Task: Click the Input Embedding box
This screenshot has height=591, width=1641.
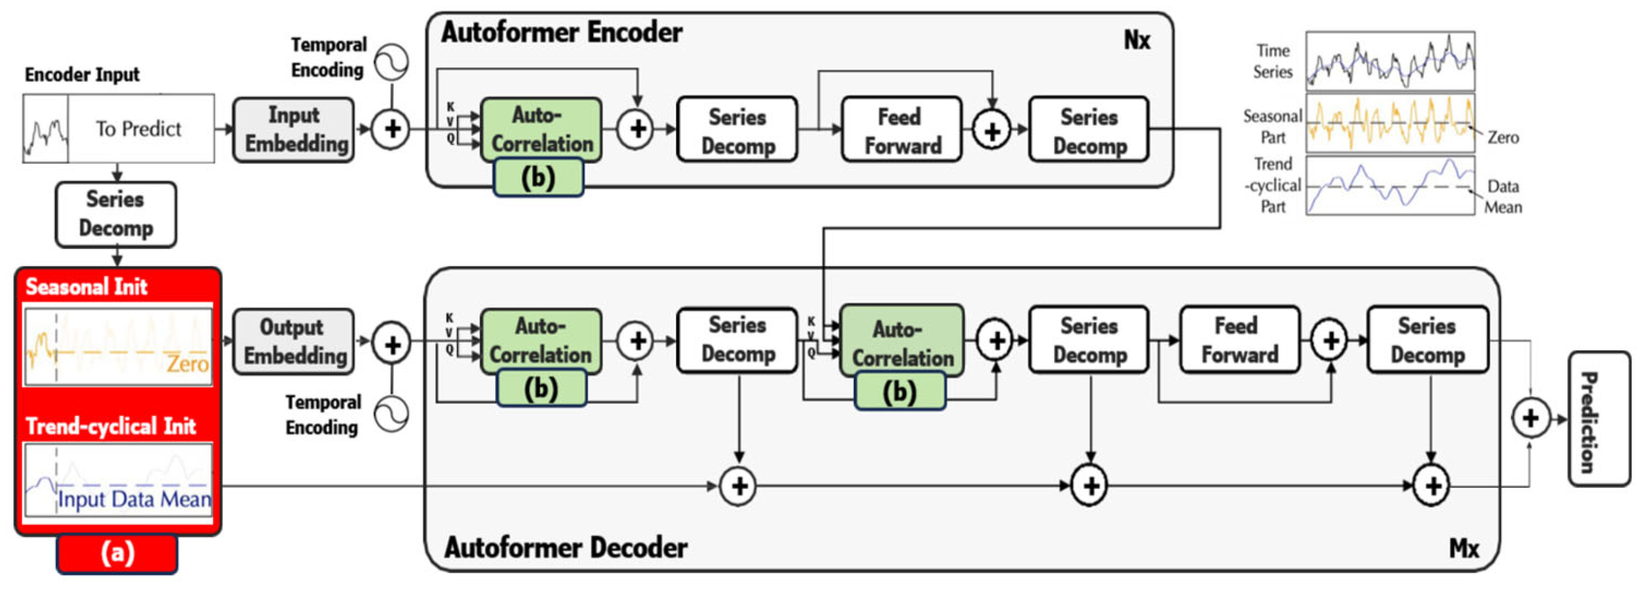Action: point(294,129)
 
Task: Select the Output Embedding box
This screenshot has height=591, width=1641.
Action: point(294,341)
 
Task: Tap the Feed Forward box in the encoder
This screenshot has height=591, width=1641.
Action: point(901,130)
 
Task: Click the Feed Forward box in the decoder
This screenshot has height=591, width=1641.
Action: point(1239,340)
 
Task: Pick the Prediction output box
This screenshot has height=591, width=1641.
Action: point(1599,419)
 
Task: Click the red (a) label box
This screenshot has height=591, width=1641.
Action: point(117,553)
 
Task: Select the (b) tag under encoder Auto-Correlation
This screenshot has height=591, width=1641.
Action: point(538,177)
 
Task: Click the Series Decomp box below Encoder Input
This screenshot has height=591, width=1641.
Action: point(116,214)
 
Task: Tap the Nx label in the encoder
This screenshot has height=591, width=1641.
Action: point(1136,40)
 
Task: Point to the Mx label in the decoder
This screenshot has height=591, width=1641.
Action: point(1464,548)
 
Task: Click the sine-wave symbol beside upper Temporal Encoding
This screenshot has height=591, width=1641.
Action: point(390,62)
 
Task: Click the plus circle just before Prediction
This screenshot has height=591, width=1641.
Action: point(1530,418)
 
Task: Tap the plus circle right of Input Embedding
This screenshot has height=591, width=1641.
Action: point(390,129)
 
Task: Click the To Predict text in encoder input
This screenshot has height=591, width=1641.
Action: point(139,129)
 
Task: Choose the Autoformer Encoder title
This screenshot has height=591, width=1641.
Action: point(561,32)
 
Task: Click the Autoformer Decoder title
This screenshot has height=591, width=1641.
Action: point(566,547)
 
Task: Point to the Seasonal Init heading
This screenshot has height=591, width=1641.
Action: point(86,287)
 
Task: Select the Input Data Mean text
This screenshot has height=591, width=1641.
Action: point(134,499)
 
